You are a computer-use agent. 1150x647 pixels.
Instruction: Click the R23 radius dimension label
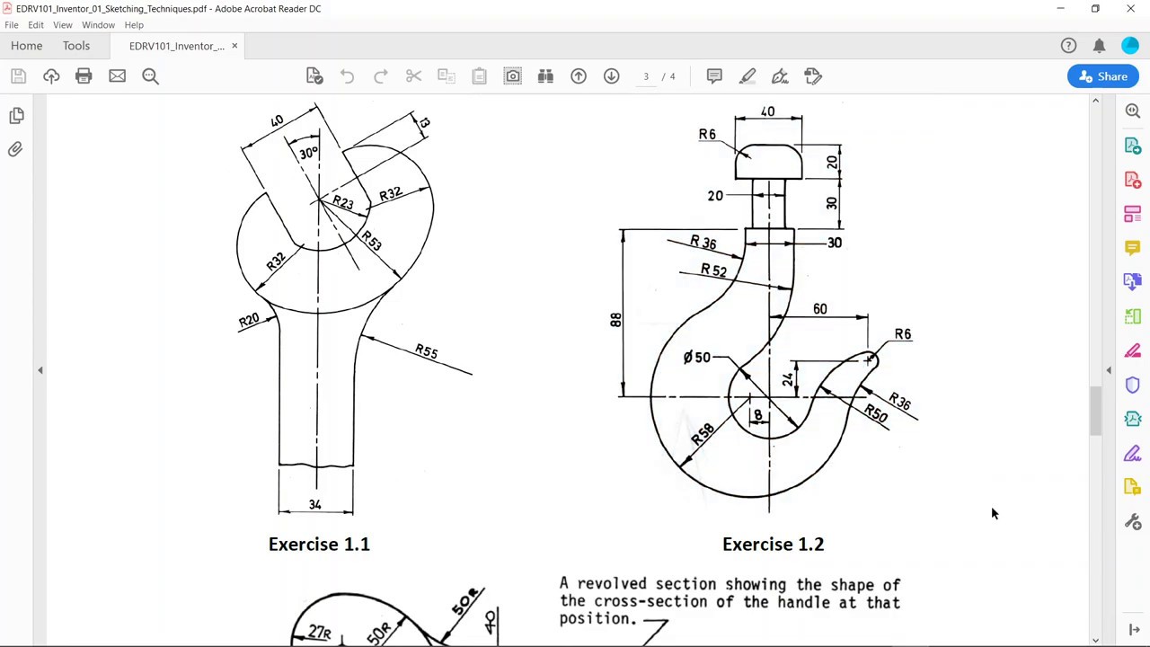click(x=343, y=203)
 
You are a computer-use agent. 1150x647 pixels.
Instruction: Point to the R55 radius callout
click(x=427, y=351)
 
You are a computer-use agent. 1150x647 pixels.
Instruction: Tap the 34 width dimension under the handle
click(x=314, y=504)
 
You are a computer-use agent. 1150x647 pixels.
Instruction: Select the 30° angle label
click(x=308, y=153)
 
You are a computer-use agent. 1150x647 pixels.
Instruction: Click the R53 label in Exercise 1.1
click(x=371, y=241)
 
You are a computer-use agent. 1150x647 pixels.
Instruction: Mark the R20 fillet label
click(x=249, y=320)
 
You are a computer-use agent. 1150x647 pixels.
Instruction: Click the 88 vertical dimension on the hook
click(x=615, y=320)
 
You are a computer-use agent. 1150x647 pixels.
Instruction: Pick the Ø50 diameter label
click(x=696, y=358)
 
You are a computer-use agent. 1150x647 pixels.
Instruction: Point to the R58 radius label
click(x=703, y=432)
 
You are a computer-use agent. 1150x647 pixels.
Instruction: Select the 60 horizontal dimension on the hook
click(x=819, y=309)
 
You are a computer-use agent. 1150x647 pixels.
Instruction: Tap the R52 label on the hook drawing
click(x=713, y=270)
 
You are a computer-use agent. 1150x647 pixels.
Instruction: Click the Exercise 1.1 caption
click(x=319, y=544)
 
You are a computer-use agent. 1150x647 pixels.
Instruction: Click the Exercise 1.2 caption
click(x=773, y=544)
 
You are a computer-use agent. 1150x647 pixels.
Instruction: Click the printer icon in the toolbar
click(x=84, y=76)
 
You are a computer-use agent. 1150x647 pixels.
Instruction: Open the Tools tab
click(x=76, y=46)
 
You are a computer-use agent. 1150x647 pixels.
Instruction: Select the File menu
click(x=12, y=25)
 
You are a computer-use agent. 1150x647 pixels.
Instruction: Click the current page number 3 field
click(x=645, y=76)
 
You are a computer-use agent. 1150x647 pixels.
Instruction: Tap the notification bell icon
click(x=1099, y=46)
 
